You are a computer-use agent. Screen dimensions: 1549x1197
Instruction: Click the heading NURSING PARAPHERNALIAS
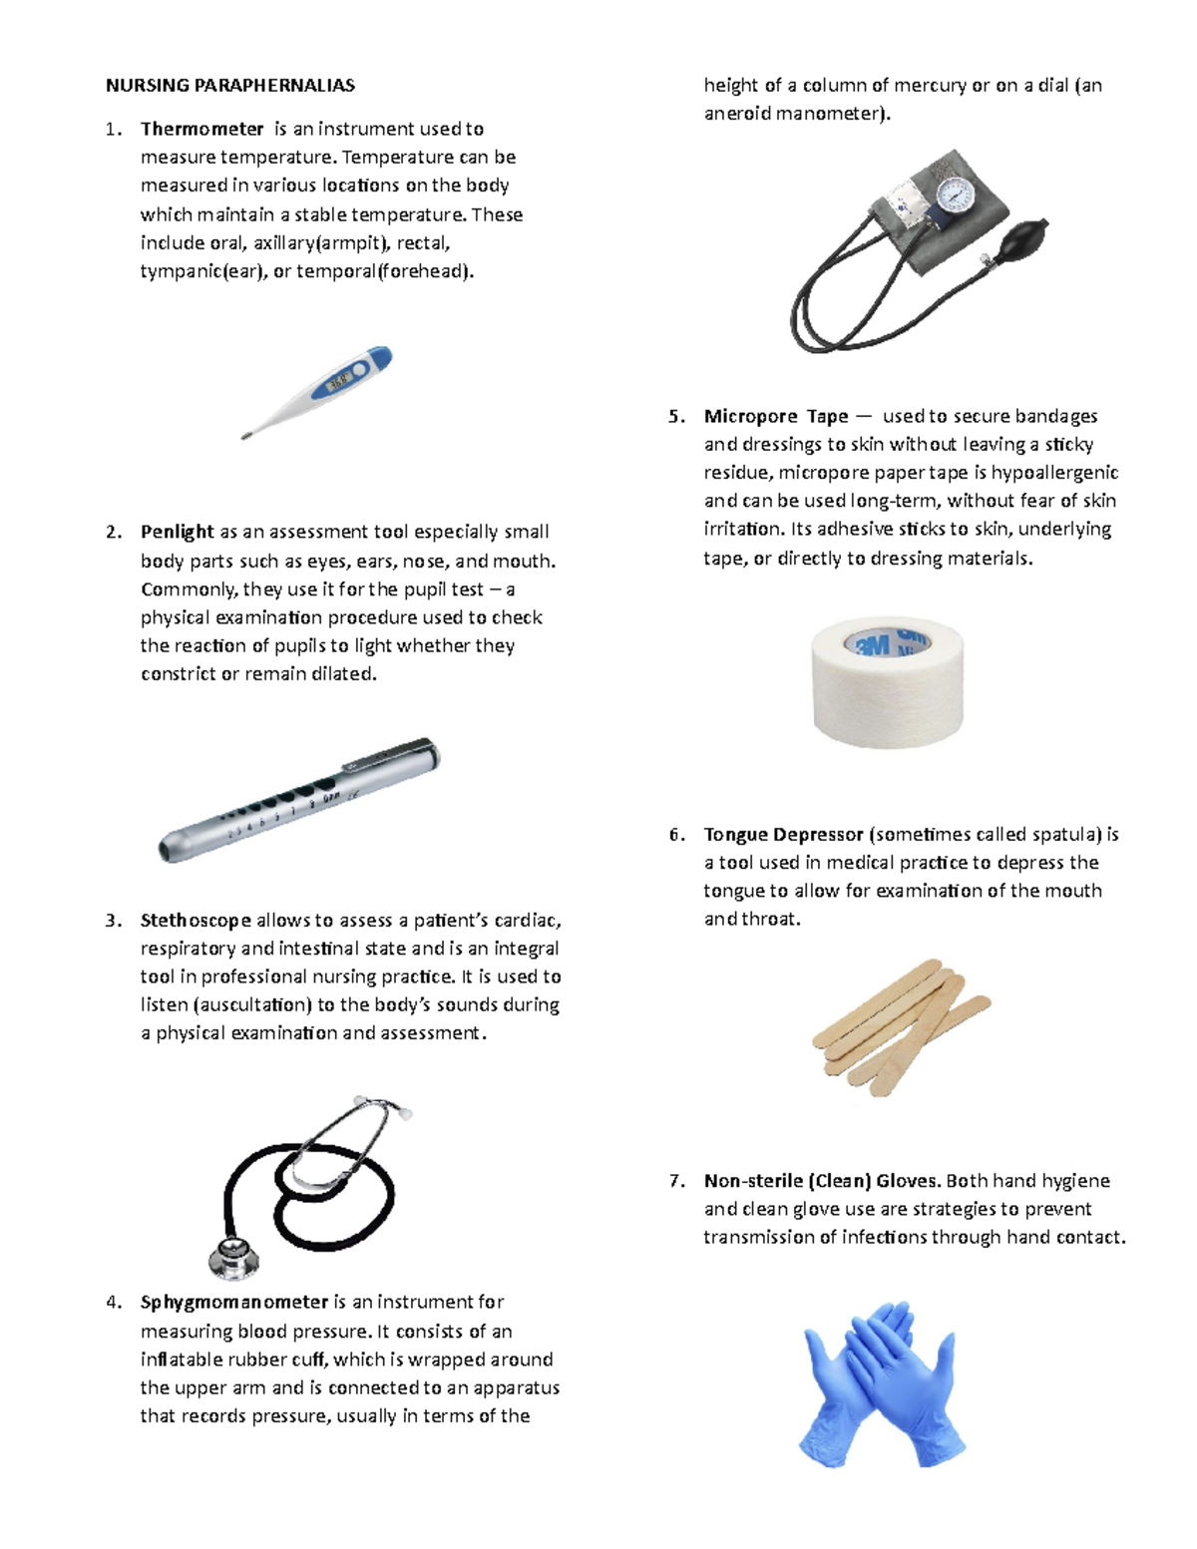229,86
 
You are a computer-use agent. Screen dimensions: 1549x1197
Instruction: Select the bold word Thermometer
201,129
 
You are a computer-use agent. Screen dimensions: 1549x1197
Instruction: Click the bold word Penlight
177,532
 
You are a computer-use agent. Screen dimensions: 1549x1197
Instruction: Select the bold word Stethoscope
196,920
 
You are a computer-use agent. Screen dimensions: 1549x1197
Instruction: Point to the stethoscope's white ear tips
403,1111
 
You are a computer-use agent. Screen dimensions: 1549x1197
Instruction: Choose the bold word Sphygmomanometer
234,1302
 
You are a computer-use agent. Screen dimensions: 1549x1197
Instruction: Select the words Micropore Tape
776,416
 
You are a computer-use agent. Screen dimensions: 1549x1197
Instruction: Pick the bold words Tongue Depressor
783,834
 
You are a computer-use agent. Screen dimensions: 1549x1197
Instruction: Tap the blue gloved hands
882,1381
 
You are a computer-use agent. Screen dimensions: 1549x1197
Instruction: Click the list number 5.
675,417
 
